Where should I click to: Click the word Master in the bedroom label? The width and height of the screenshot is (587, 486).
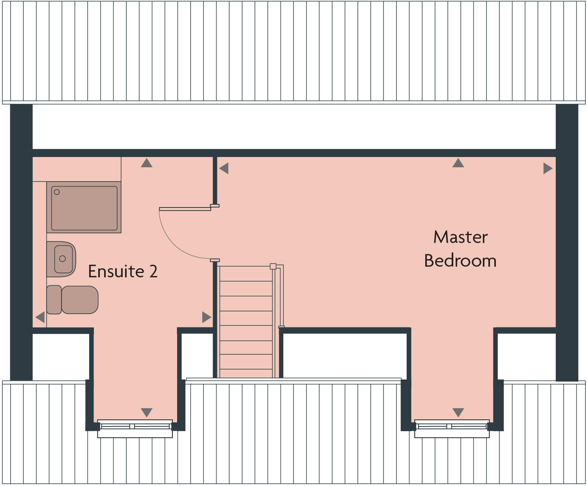(460, 237)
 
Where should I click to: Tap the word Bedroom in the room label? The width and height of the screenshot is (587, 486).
(460, 261)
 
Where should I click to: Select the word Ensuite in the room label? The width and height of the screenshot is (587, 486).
(116, 272)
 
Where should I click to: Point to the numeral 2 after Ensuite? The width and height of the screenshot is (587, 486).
(153, 272)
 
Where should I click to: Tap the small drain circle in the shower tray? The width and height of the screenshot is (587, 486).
(57, 192)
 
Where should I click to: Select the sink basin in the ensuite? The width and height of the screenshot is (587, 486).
(62, 259)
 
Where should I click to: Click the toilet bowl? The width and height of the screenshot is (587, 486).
(80, 300)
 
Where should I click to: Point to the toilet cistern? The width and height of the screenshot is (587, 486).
(54, 300)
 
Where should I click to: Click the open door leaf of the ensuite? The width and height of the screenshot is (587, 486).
(185, 209)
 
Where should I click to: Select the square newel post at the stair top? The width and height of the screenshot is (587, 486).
(273, 267)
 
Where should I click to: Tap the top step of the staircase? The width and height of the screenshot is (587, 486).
(246, 274)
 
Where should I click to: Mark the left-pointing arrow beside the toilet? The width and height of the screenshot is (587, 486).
(40, 317)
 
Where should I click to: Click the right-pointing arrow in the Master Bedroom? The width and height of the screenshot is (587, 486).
(548, 168)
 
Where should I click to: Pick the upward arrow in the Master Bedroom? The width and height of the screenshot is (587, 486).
(458, 163)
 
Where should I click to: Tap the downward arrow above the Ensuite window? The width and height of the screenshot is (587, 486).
(146, 413)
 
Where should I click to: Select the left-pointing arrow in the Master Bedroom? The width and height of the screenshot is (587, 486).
(224, 168)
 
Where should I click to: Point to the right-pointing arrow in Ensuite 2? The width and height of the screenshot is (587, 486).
(206, 317)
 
